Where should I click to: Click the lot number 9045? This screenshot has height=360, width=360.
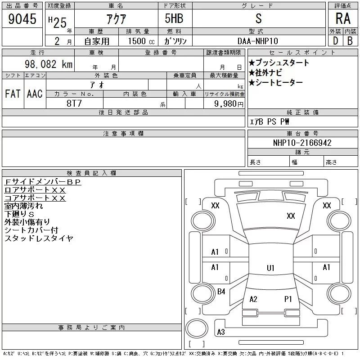tap(22, 19)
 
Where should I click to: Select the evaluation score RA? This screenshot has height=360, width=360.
tap(342, 19)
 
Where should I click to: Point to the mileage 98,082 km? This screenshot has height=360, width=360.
tap(49, 64)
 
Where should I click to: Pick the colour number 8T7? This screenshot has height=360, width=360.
tap(74, 103)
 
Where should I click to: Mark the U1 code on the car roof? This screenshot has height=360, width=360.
tap(270, 268)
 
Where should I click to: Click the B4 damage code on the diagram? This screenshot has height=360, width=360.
tap(221, 292)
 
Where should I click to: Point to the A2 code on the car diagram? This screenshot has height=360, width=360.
tap(253, 299)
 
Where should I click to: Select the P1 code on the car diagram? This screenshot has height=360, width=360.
tap(288, 299)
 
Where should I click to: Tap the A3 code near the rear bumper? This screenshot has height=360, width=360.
tap(220, 333)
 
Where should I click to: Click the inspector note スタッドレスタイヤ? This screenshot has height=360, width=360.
tap(39, 238)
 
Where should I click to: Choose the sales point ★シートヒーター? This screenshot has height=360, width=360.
tap(275, 82)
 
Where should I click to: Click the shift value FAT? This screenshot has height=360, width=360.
tap(13, 94)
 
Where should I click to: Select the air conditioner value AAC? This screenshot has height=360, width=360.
tap(35, 94)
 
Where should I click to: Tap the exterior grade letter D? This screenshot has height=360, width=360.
tap(335, 40)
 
